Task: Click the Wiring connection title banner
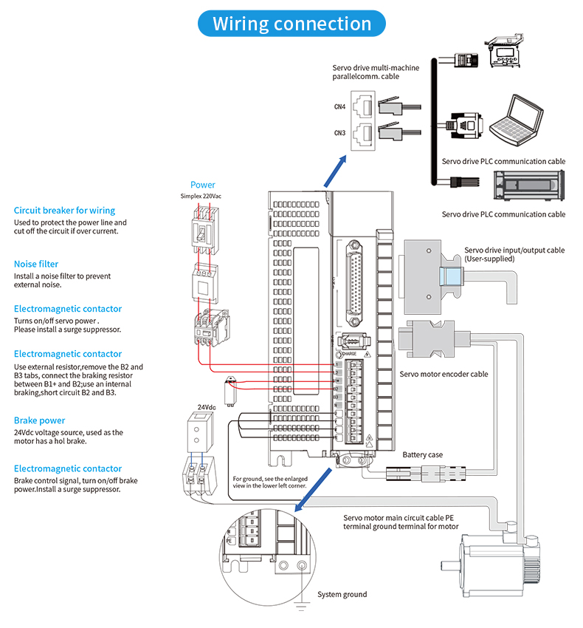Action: click(291, 24)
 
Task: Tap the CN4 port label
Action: click(339, 107)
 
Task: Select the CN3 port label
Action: click(339, 133)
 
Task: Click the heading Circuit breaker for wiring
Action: click(64, 211)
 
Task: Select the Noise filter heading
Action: click(36, 264)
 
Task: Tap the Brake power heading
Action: click(39, 420)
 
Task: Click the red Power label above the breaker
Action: click(203, 185)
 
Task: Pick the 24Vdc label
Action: click(207, 407)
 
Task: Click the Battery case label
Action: click(423, 454)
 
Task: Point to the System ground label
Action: click(342, 594)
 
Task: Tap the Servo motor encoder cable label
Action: click(444, 374)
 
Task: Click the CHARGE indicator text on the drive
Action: click(348, 355)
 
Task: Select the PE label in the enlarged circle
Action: click(230, 541)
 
